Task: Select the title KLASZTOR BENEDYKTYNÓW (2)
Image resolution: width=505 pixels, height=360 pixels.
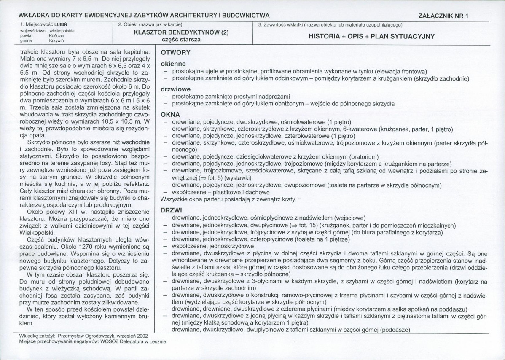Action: [181, 32]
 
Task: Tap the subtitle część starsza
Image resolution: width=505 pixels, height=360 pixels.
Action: [181, 40]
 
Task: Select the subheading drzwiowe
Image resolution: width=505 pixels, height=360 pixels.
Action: [175, 89]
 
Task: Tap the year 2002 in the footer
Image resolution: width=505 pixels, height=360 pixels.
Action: [140, 337]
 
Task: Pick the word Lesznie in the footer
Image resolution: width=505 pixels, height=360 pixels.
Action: [157, 342]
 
